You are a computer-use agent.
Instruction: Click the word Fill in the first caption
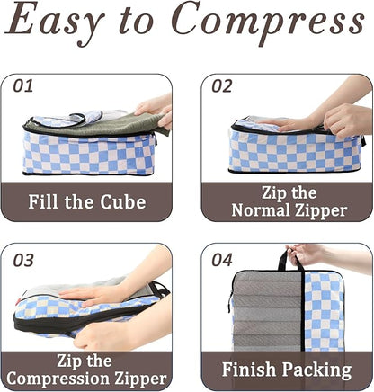pyautogui.click(x=48, y=201)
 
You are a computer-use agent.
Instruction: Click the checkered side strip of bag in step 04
pyautogui.click(x=324, y=310)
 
